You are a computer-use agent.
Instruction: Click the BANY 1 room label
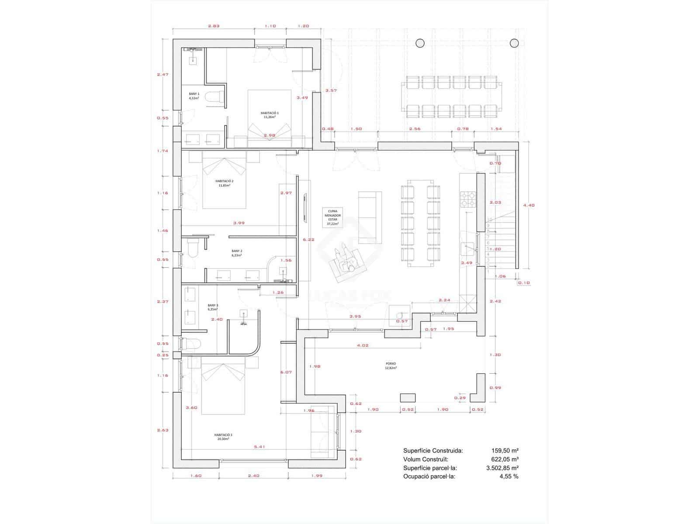point(194,96)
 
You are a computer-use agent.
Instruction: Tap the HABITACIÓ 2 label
point(224,183)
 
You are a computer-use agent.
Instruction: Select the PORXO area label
point(391,365)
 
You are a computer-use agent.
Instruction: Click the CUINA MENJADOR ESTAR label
point(332,217)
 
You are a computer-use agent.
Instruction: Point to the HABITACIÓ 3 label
point(223,437)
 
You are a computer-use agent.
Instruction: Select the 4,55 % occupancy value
point(509,476)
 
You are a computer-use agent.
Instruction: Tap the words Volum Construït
point(426,459)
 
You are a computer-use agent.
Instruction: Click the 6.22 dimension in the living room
point(308,239)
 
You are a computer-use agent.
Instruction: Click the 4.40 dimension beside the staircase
point(529,205)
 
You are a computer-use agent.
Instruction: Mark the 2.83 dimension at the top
point(213,26)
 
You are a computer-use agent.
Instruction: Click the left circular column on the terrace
point(420,43)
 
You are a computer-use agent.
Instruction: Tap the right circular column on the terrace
point(514,43)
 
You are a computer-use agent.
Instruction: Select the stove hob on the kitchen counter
point(467,200)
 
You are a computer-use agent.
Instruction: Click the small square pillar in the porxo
point(408,397)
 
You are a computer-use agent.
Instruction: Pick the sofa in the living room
point(367,217)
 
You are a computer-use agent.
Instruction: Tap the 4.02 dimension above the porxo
point(363,345)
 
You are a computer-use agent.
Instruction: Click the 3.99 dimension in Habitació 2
point(239,223)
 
